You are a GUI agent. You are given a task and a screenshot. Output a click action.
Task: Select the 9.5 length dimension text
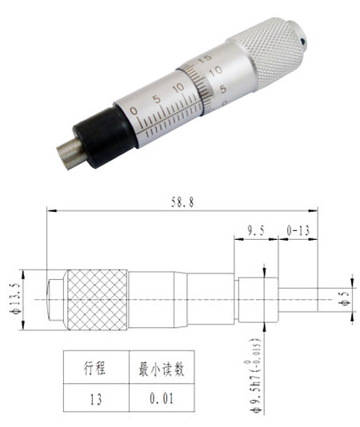tap(255, 230)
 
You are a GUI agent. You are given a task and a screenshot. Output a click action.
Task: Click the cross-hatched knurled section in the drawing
tap(97, 300)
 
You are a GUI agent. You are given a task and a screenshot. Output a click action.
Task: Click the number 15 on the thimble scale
tap(206, 58)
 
